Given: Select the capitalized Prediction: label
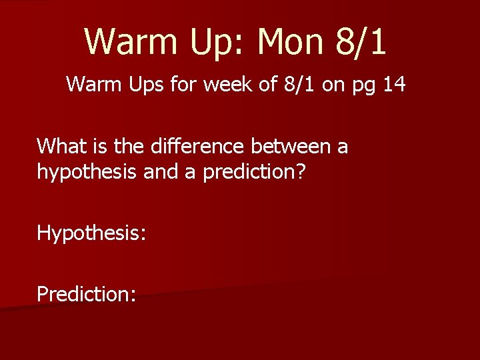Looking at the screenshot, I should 87,293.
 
